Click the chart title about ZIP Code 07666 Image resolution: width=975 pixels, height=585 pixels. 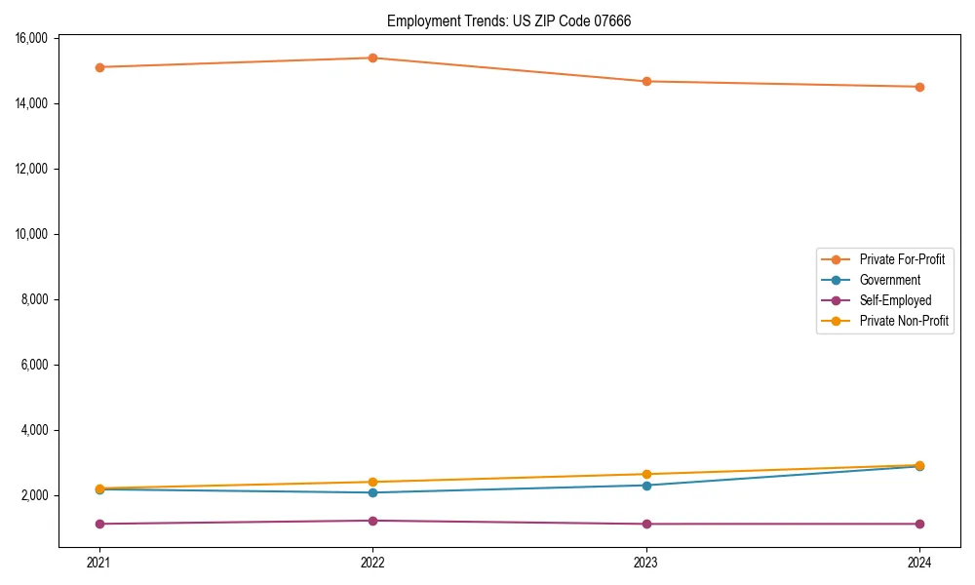click(x=508, y=20)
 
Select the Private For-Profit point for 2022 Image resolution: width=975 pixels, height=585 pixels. click(x=372, y=58)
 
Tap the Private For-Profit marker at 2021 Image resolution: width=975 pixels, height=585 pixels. click(x=99, y=67)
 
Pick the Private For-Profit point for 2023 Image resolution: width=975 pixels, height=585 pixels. click(x=646, y=81)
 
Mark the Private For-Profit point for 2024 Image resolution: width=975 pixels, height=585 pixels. click(x=919, y=87)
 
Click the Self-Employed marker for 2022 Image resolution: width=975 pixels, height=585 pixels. click(x=372, y=521)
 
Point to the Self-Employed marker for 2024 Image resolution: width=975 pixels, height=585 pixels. click(x=919, y=524)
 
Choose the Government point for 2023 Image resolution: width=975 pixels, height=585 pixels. click(x=646, y=485)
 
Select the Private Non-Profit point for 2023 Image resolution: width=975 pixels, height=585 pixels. click(x=646, y=474)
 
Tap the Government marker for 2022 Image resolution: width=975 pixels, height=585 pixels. click(x=372, y=492)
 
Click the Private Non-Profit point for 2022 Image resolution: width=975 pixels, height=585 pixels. click(x=372, y=482)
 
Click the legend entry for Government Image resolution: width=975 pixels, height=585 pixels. click(x=889, y=280)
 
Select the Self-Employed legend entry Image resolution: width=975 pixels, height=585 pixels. click(x=895, y=300)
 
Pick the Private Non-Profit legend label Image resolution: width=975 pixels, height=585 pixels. click(x=904, y=321)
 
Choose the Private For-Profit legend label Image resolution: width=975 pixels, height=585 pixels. click(x=902, y=259)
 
